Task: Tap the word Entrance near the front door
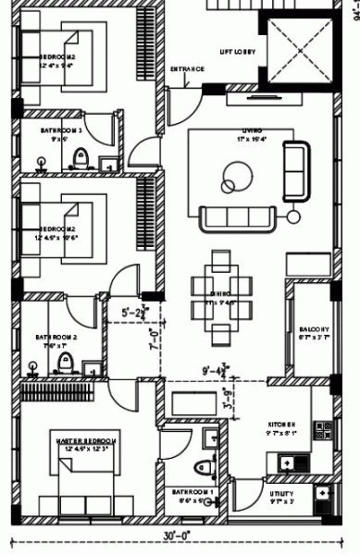(x=188, y=69)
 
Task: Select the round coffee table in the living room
(x=235, y=173)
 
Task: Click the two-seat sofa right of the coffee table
(x=297, y=170)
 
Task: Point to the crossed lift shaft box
(x=300, y=47)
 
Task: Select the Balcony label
(x=314, y=332)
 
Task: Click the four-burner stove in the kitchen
(x=322, y=430)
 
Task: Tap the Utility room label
(x=282, y=497)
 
